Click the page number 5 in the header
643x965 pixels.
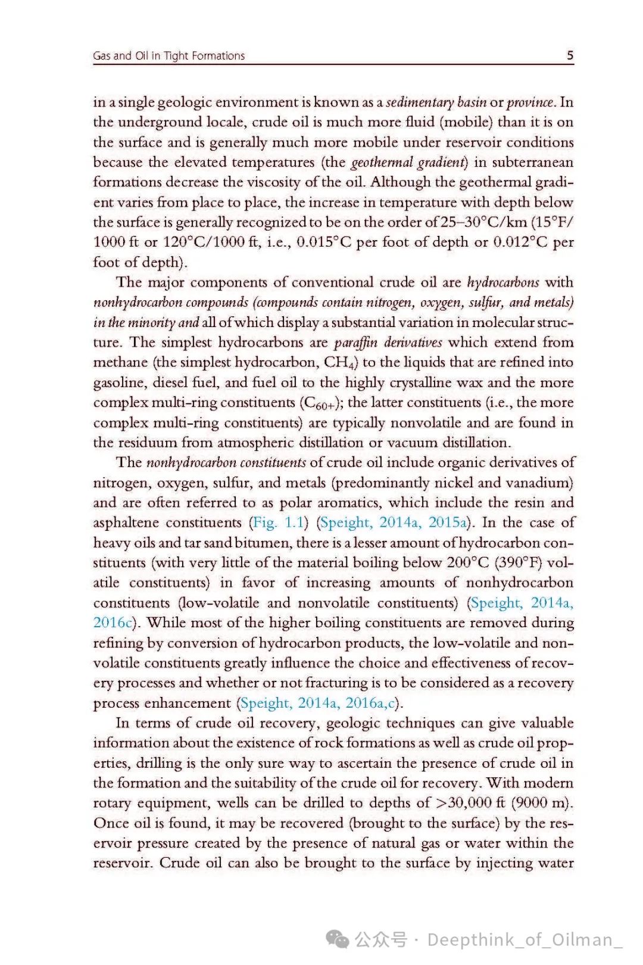click(x=570, y=55)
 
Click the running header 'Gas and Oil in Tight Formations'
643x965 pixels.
click(x=168, y=56)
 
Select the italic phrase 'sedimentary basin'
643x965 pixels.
click(x=436, y=102)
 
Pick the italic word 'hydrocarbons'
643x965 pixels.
click(x=503, y=282)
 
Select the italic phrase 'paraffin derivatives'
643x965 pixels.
click(x=388, y=342)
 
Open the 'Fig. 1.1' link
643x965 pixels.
click(x=279, y=522)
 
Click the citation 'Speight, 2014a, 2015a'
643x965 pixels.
click(x=394, y=522)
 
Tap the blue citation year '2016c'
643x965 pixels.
click(x=112, y=622)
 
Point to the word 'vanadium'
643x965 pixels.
click(x=539, y=482)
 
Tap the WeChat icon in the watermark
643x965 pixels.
click(x=338, y=939)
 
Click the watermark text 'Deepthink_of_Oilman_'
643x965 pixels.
click(x=525, y=939)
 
